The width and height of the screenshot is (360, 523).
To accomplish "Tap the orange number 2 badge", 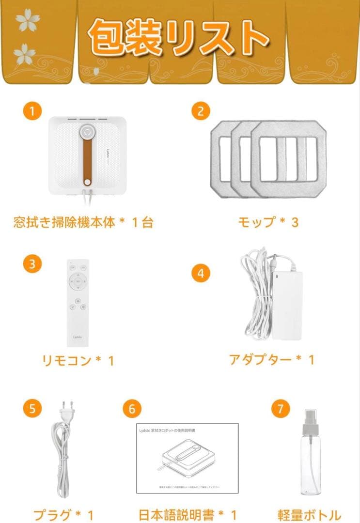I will click(200, 111).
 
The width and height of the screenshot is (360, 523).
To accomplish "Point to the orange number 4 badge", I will click(200, 273).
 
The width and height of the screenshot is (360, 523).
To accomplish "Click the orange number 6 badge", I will click(131, 408).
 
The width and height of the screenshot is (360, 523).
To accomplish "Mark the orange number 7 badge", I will click(280, 408).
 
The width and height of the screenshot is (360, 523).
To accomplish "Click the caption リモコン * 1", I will click(78, 360).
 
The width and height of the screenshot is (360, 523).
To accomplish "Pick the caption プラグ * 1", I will click(63, 514).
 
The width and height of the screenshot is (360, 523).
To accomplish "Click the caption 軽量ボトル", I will click(309, 514).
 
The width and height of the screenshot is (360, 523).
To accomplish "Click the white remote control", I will click(78, 302).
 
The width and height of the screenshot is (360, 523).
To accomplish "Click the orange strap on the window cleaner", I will click(87, 155).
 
